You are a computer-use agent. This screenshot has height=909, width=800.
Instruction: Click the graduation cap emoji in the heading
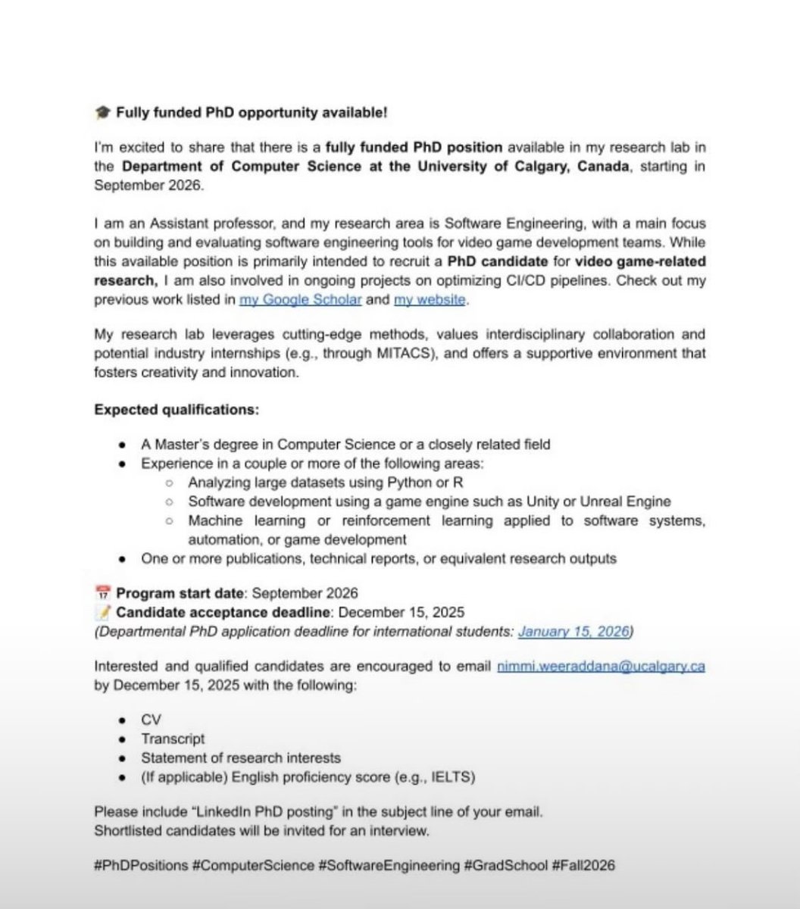click(102, 113)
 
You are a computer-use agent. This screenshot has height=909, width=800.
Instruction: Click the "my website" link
click(430, 300)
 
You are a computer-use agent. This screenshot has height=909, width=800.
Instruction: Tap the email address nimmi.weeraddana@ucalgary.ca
click(601, 667)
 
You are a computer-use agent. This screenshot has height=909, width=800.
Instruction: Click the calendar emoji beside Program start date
click(102, 592)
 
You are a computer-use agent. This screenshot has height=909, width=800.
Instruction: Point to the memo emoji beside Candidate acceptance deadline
click(102, 611)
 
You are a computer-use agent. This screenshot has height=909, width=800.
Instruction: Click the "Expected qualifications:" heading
click(177, 410)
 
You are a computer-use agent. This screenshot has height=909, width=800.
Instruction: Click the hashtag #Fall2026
click(583, 864)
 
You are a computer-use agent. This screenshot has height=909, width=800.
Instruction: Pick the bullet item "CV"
click(151, 719)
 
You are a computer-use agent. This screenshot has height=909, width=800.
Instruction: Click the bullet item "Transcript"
click(173, 739)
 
